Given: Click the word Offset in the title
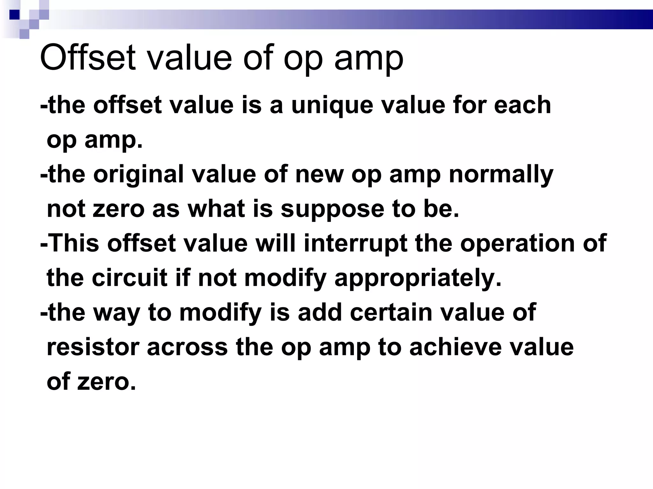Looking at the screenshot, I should coord(88,58).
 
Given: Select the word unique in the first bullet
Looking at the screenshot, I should coord(332,105).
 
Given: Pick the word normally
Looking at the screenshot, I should coord(501,175).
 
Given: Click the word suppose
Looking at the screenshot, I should coord(332,209).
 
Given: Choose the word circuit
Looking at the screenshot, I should coord(129,278).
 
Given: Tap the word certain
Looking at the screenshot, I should coord(391,313).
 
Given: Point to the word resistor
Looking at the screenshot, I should coord(93,347).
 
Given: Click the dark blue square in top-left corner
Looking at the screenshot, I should coord(14,15).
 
